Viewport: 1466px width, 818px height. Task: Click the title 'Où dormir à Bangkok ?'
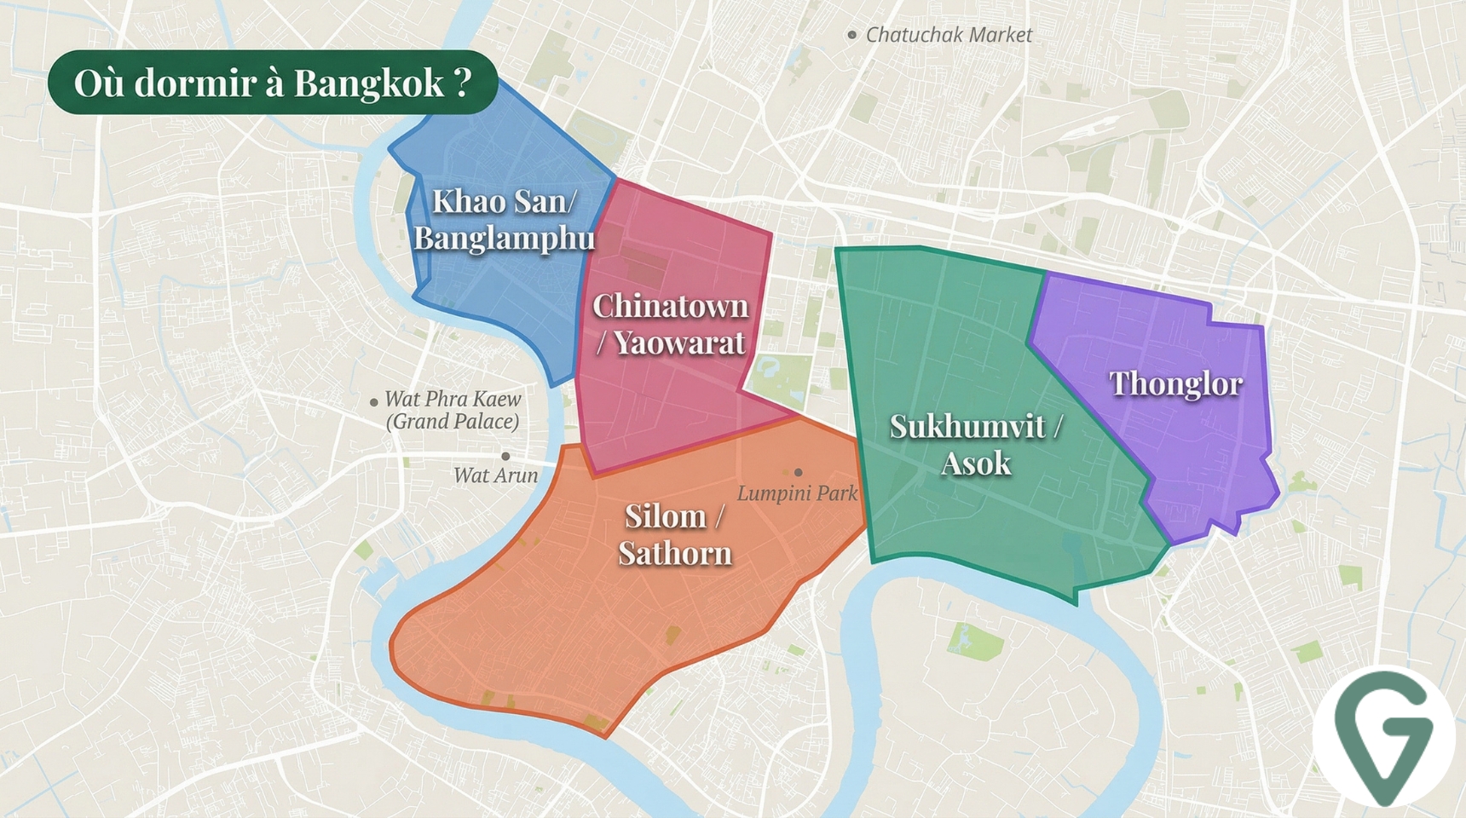tap(273, 83)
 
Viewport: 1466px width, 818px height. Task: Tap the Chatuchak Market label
tap(949, 35)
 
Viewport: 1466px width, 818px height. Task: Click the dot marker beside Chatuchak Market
tap(851, 35)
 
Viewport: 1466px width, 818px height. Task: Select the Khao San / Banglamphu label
tap(504, 219)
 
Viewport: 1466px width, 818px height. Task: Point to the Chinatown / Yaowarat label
tap(670, 324)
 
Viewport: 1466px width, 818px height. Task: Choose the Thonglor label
tap(1175, 383)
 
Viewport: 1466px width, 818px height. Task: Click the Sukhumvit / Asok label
tap(976, 444)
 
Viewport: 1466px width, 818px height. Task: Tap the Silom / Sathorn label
tap(675, 534)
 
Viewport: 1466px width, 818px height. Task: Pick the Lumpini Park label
tap(797, 493)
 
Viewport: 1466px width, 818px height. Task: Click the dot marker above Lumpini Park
tap(798, 472)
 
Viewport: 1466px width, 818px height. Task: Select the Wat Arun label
tap(495, 475)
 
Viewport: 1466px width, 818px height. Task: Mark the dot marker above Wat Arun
tap(505, 457)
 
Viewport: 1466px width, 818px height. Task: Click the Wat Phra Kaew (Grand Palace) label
tap(453, 410)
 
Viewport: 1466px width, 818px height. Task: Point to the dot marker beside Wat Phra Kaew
tap(373, 402)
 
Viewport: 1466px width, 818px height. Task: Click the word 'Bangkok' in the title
tap(369, 84)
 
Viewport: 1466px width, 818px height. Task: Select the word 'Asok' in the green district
tap(976, 464)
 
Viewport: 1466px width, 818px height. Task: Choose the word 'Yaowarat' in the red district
tap(679, 343)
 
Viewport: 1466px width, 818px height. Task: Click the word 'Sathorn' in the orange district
tap(675, 554)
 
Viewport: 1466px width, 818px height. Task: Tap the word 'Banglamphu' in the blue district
tap(504, 238)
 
